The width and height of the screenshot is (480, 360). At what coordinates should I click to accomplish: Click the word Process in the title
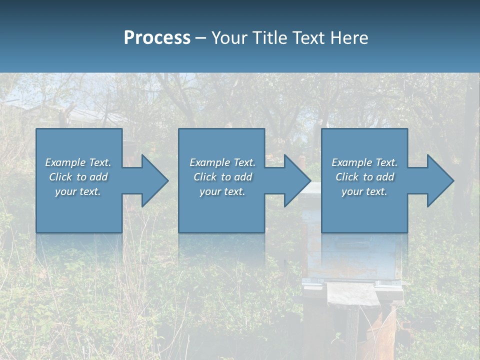click(x=157, y=38)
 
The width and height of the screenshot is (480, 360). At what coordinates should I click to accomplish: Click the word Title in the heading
click(x=271, y=38)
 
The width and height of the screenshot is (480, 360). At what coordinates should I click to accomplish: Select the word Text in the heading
click(x=309, y=38)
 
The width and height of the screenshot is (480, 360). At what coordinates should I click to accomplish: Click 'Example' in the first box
click(x=65, y=162)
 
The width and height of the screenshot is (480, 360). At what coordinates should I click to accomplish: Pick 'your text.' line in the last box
click(x=364, y=191)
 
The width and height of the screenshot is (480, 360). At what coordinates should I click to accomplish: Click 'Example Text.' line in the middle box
click(x=222, y=162)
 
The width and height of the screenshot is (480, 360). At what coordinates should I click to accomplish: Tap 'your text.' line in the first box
click(x=77, y=191)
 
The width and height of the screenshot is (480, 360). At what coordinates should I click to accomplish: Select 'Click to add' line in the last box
click(x=364, y=177)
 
